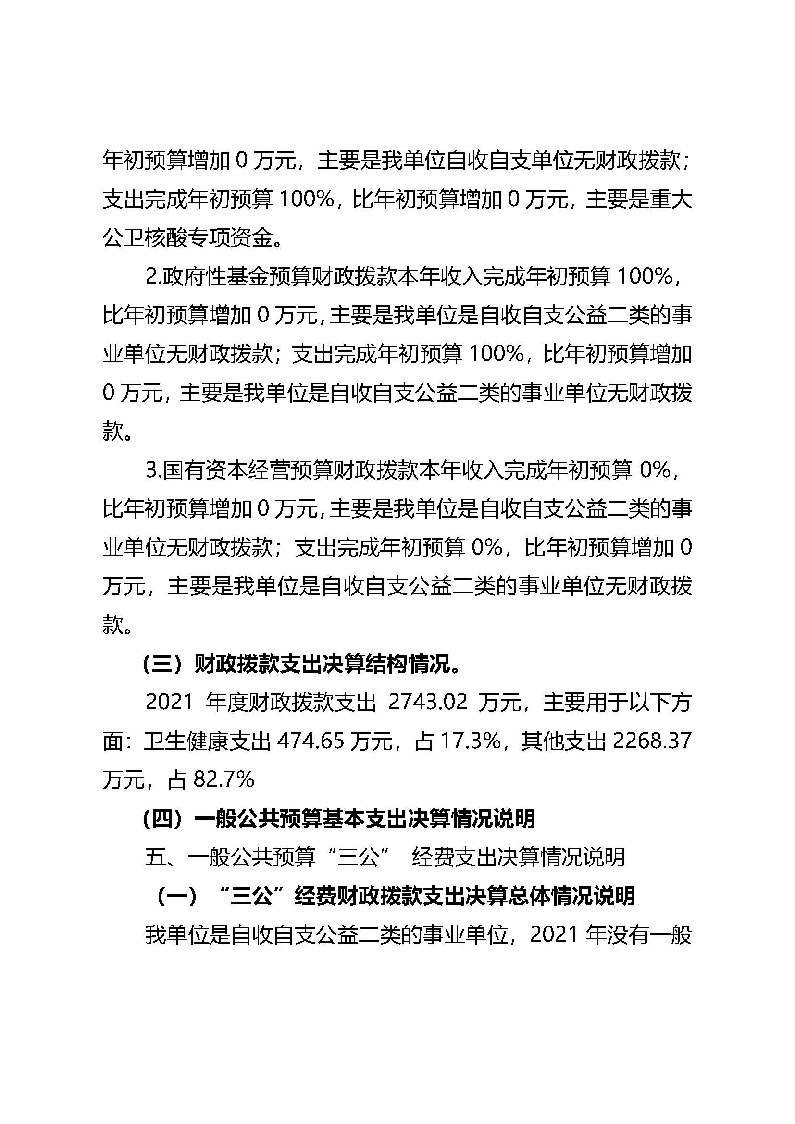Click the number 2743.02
click(428, 703)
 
